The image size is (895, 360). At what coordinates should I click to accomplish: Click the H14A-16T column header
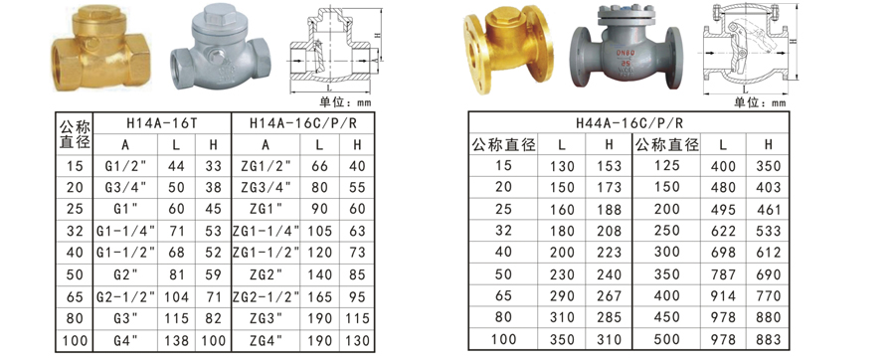coord(161,123)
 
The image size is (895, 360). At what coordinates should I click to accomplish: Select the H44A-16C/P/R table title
coord(629,122)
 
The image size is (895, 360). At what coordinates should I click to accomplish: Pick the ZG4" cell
coord(266,340)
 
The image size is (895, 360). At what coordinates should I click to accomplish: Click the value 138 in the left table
coord(176,340)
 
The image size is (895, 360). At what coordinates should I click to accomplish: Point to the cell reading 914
coord(724,296)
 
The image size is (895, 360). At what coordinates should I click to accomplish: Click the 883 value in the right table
coord(768,340)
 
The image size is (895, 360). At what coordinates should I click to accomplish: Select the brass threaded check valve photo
coord(102,49)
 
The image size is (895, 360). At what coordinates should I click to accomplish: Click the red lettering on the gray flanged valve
coord(624,57)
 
